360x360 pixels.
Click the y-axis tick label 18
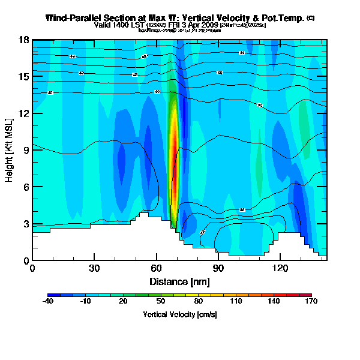point(25,40)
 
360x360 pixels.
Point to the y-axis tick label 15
point(25,77)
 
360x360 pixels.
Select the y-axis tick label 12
point(25,113)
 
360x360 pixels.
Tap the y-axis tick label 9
point(26,151)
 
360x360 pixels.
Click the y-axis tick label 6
point(26,187)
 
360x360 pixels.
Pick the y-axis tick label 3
point(26,224)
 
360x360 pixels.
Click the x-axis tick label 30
point(94,269)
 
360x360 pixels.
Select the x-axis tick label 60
point(156,269)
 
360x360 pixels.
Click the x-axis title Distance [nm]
point(179,281)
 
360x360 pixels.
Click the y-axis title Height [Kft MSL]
point(10,151)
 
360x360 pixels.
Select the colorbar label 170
point(311,301)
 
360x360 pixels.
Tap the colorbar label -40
point(48,301)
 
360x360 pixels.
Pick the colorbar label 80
point(198,301)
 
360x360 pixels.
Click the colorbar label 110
point(236,301)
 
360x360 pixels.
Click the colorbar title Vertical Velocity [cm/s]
point(179,314)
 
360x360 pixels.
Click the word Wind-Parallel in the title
point(75,18)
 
